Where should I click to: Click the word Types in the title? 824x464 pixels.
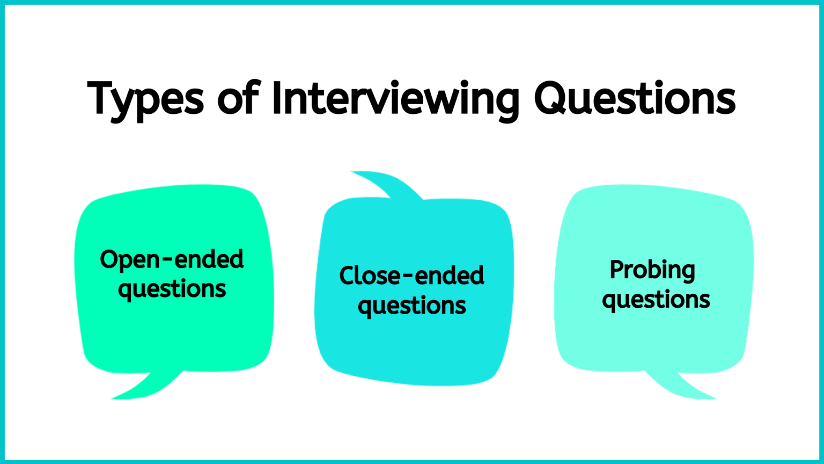[145, 99]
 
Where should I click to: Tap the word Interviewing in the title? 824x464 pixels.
[396, 99]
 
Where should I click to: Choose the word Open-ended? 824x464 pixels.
[172, 260]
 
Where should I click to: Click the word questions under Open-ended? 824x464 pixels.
[172, 290]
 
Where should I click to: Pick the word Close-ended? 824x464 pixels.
[411, 276]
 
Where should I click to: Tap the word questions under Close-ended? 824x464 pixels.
[411, 307]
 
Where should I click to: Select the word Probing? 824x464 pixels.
[652, 270]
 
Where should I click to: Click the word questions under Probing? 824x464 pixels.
[656, 300]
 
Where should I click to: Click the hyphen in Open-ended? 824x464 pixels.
[167, 262]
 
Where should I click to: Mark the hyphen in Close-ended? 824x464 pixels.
[408, 278]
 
